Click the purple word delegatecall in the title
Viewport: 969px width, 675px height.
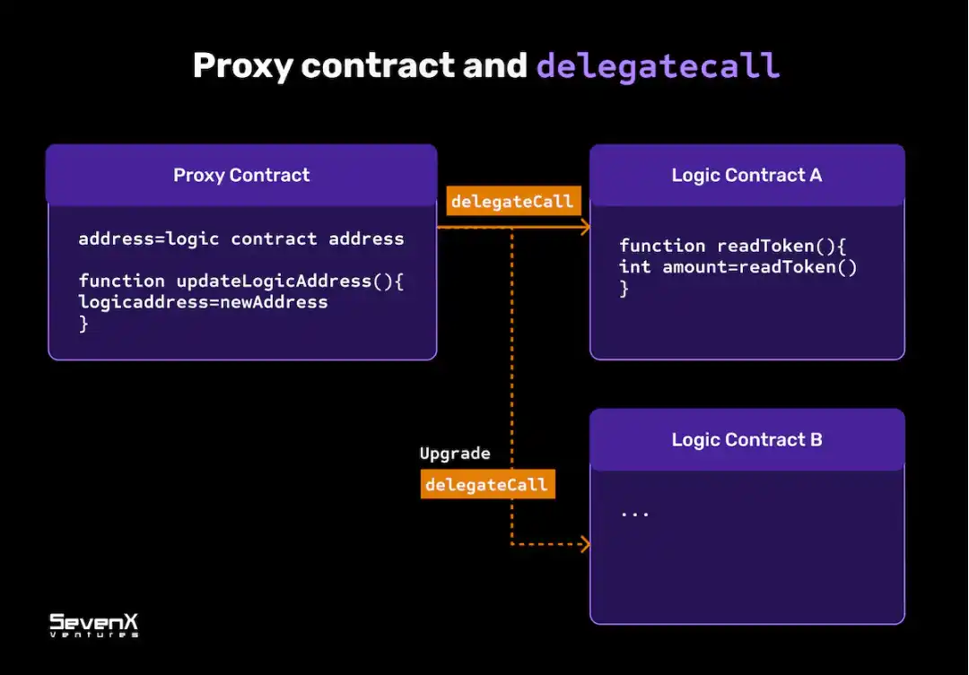(658, 66)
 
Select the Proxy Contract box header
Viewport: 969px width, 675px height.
(241, 175)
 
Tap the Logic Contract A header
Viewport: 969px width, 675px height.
(746, 175)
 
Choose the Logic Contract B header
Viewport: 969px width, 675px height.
(746, 439)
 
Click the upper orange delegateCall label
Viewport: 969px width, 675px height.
(511, 202)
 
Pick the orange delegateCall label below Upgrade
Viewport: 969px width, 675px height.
(485, 485)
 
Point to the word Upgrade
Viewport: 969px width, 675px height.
(455, 454)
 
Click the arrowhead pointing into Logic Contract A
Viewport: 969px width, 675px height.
(586, 228)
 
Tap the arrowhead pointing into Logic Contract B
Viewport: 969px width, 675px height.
(586, 543)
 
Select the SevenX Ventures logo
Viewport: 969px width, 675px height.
(93, 624)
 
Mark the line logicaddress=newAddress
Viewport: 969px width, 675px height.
(203, 302)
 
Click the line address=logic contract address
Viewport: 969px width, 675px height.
(240, 239)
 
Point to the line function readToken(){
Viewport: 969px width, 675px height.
(732, 246)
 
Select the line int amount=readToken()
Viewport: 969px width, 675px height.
(738, 267)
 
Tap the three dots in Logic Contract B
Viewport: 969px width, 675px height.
(634, 514)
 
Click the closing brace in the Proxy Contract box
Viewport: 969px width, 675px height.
(83, 324)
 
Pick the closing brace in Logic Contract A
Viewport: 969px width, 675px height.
(624, 289)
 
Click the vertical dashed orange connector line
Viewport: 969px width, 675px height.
(511, 359)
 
